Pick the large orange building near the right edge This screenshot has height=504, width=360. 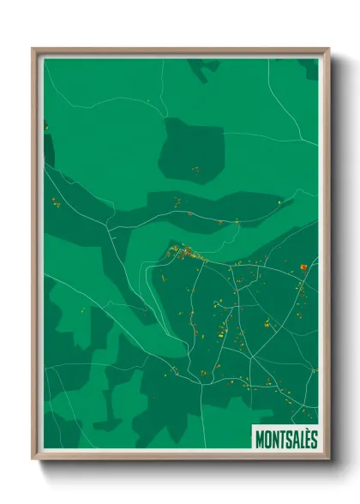coord(303,267)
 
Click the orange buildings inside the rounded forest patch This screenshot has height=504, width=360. coord(195,169)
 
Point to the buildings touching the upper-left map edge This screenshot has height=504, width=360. coord(46,127)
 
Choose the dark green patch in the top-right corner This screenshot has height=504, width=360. coord(309,67)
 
